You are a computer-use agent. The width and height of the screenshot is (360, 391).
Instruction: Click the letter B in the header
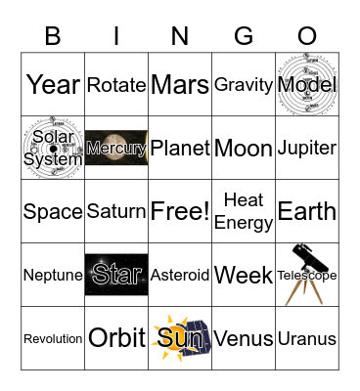tap(53, 36)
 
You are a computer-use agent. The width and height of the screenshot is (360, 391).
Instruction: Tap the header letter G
tap(244, 36)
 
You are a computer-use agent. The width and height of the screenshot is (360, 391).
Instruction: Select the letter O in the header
tap(307, 36)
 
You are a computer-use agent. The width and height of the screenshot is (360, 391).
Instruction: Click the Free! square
tap(180, 211)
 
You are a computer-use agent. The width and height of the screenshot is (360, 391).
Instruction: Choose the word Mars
tap(180, 85)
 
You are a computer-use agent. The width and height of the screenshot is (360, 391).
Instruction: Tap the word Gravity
tap(244, 85)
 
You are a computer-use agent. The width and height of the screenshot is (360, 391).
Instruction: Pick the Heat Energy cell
tap(244, 211)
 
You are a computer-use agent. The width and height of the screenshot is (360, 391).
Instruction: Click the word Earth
tap(307, 211)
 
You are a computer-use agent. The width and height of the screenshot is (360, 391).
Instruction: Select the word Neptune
tap(53, 276)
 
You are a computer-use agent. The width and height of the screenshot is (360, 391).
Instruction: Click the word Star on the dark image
tap(116, 275)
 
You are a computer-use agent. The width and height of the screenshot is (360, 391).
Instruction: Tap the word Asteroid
tap(180, 276)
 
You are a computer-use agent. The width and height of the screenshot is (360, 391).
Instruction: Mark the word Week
tap(244, 276)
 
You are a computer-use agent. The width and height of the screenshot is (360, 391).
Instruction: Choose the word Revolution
tap(53, 339)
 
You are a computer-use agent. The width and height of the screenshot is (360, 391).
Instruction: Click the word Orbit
tap(116, 338)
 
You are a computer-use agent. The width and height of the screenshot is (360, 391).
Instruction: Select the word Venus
tap(244, 339)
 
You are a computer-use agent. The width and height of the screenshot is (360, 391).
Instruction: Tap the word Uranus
tap(307, 339)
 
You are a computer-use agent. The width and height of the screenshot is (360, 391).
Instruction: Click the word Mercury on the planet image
tap(116, 149)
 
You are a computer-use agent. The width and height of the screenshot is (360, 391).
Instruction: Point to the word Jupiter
tap(307, 149)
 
